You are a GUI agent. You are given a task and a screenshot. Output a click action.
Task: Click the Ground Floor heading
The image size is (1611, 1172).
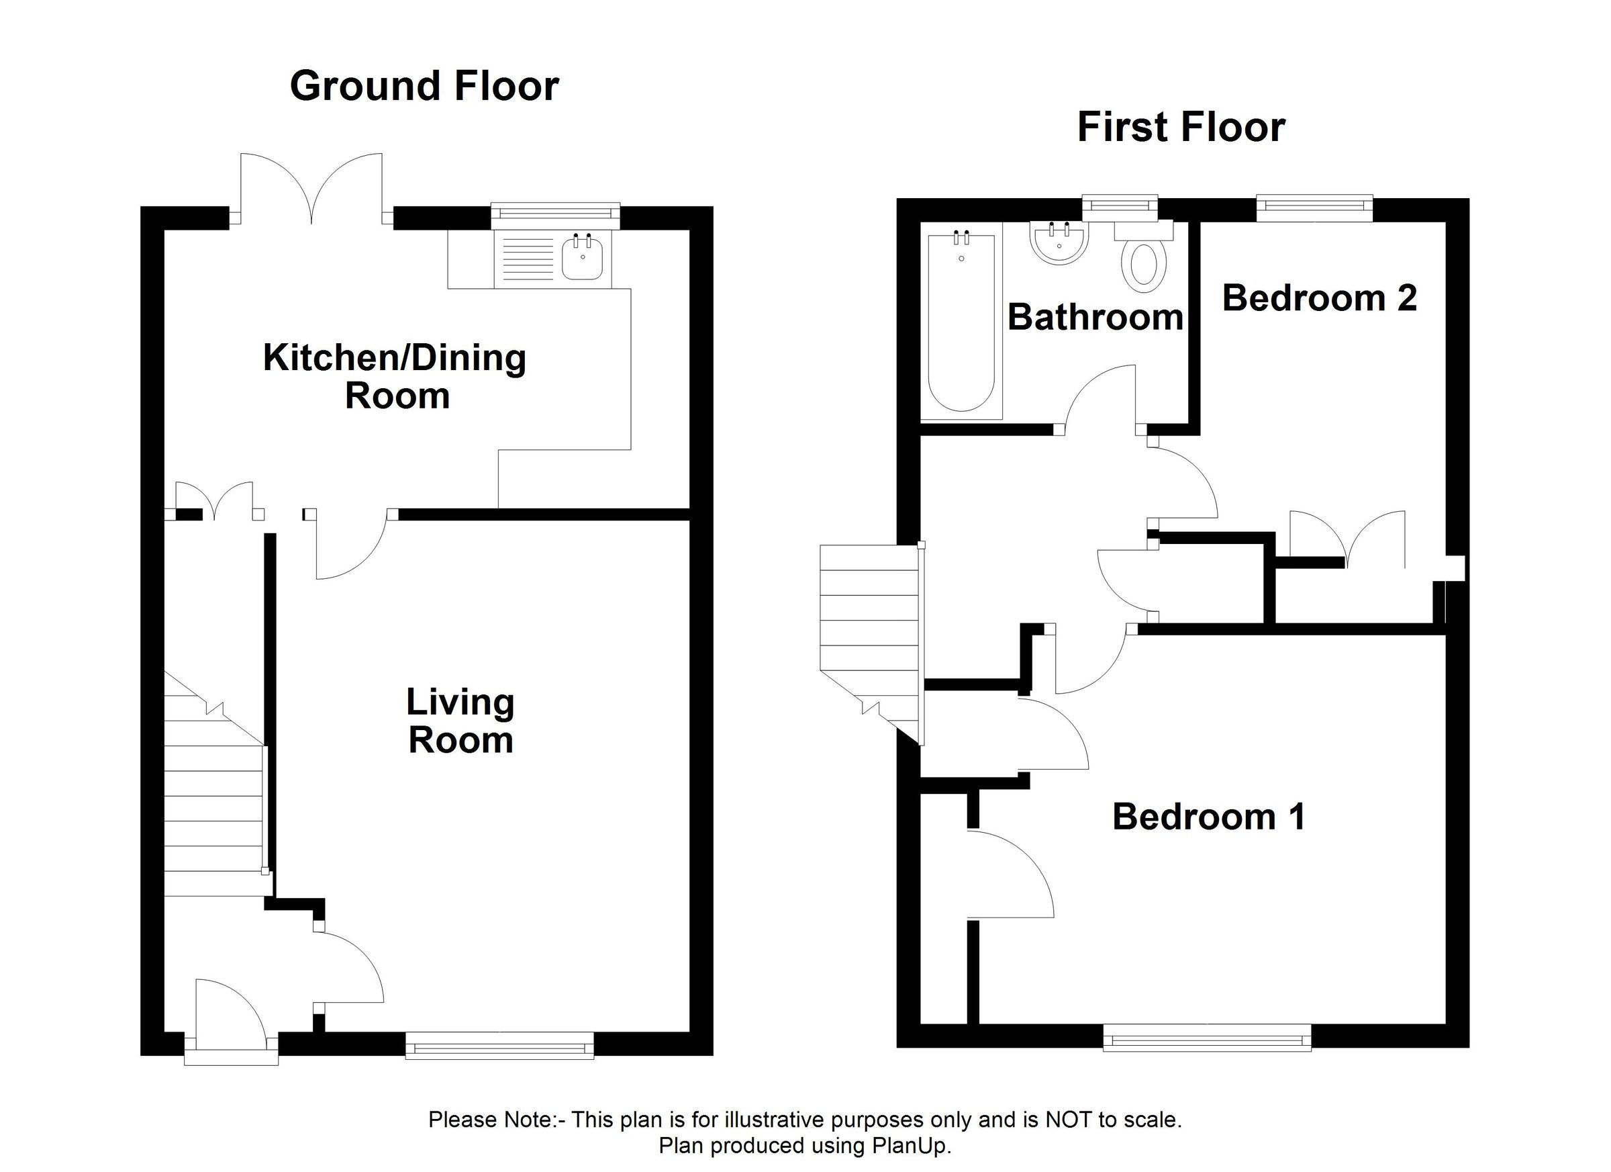point(424,86)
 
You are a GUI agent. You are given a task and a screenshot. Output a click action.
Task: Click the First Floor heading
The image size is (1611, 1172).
point(1181,128)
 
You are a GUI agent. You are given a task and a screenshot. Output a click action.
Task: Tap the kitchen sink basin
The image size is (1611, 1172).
point(583,259)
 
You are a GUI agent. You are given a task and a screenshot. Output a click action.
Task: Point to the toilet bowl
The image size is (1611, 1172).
point(1143,267)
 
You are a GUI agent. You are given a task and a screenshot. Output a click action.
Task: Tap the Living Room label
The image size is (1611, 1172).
point(460,721)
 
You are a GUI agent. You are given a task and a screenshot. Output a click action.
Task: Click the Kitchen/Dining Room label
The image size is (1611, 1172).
point(395,376)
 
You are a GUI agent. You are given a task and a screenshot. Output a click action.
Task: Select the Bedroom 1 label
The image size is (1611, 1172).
point(1208,817)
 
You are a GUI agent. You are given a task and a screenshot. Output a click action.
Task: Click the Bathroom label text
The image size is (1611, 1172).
point(1095,317)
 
